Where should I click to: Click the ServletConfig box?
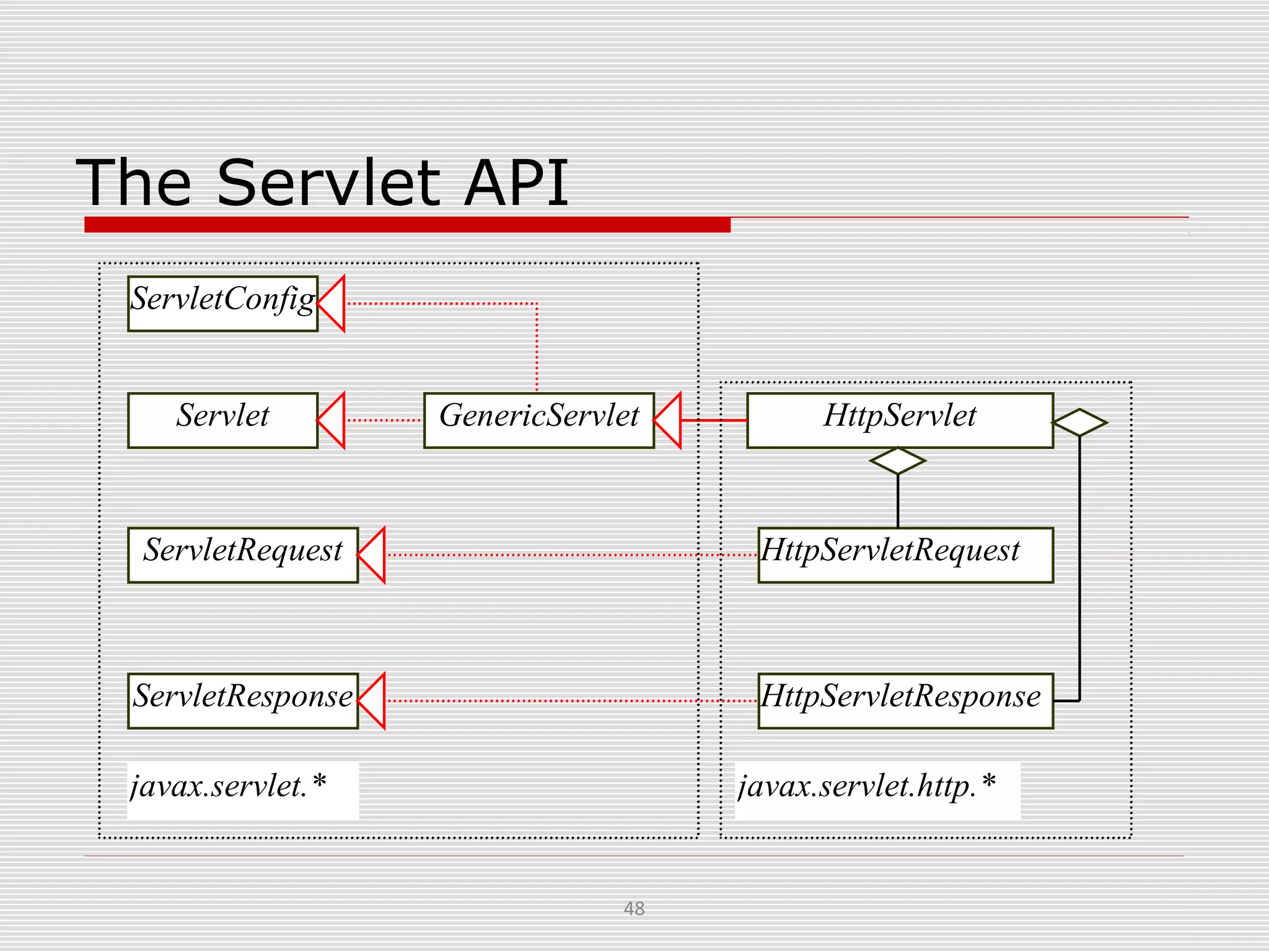pos(222,303)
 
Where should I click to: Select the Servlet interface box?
pos(222,420)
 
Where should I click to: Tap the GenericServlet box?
pos(538,420)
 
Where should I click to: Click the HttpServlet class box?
pos(899,420)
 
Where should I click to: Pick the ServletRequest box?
pos(242,555)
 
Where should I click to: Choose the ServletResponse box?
pos(242,701)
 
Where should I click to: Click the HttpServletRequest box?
pos(905,555)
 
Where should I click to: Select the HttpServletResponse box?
pos(905,701)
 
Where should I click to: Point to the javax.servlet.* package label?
pos(228,787)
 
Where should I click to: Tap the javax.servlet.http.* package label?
pos(867,787)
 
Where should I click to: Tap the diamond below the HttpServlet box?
pos(897,461)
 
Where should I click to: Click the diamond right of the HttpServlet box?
pos(1079,422)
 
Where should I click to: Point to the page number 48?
pos(634,908)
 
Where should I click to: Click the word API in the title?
pos(516,183)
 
